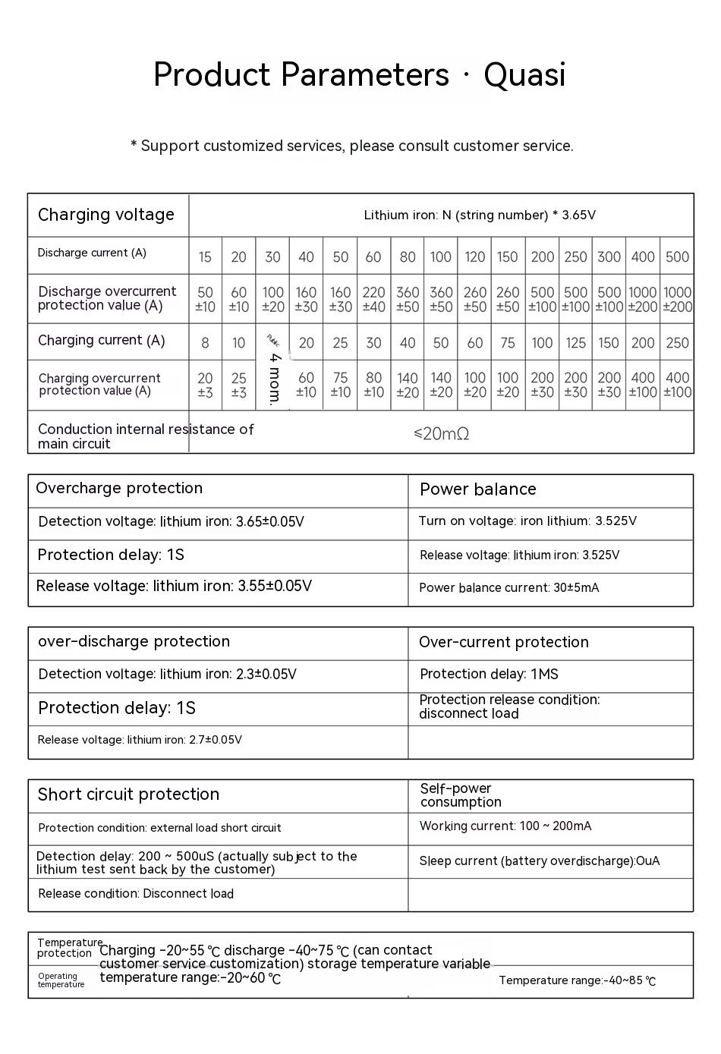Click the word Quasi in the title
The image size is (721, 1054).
524,74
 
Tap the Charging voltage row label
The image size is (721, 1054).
106,215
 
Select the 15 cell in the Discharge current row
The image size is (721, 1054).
205,257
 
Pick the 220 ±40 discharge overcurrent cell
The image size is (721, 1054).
373,299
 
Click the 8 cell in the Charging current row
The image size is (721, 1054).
205,343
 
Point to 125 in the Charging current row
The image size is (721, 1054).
575,343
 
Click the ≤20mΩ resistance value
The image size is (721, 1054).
441,433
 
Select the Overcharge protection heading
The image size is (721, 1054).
119,488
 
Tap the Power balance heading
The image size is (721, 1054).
477,489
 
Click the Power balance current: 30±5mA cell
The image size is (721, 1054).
508,587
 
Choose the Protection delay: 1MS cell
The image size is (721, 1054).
489,674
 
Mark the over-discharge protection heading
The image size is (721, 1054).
134,641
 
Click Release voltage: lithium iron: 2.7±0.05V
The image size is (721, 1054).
140,740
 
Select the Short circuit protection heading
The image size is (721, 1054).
128,794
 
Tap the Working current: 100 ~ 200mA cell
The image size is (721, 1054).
505,826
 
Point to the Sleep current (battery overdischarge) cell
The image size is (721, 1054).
539,861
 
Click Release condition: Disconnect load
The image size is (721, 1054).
136,893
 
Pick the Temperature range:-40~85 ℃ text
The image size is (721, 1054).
577,980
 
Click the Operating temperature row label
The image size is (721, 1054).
61,980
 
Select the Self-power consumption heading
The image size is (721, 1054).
460,795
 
